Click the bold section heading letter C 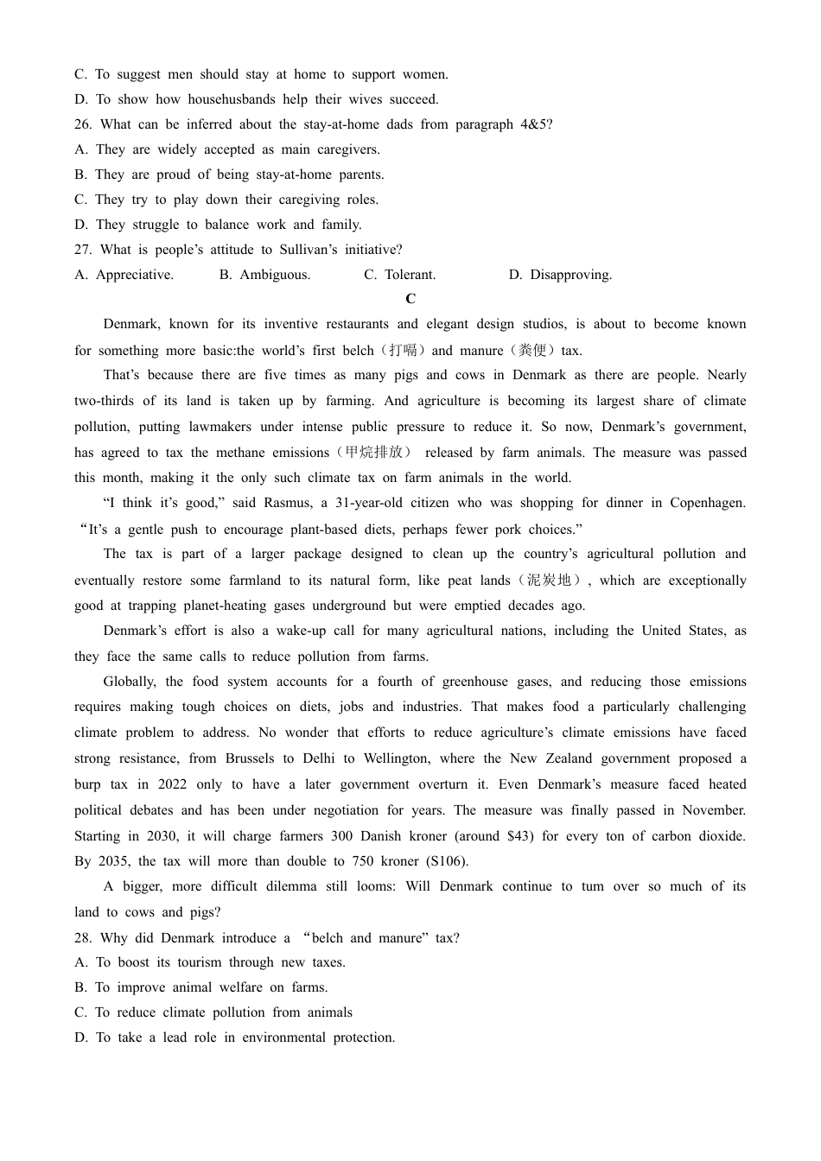[410, 299]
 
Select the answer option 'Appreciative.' [135, 275]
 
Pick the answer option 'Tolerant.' [410, 275]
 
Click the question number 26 [83, 124]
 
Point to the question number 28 [83, 938]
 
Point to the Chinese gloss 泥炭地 [550, 580]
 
